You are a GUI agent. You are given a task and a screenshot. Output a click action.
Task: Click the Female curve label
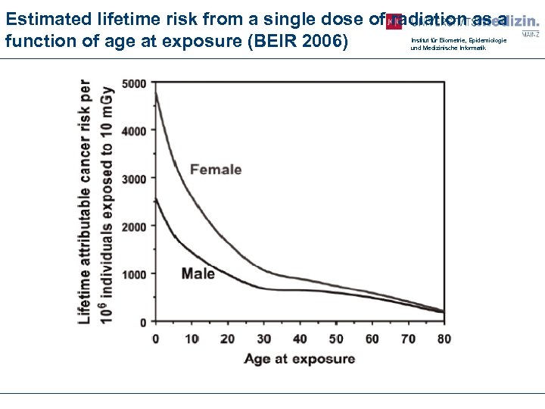coord(216,169)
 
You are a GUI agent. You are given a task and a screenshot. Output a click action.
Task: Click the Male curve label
coord(198,273)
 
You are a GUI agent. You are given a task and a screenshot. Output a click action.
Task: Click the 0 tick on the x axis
coord(156,338)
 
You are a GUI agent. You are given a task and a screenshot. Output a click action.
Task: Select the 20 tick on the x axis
coord(226,338)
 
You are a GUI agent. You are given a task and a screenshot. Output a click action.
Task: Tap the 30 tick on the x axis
coord(263,338)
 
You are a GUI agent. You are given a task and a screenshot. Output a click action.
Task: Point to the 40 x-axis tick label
coord(299,338)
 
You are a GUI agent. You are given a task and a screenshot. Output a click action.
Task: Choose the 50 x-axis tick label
coord(335,338)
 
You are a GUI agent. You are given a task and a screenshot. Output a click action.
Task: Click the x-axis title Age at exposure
coord(299,358)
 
